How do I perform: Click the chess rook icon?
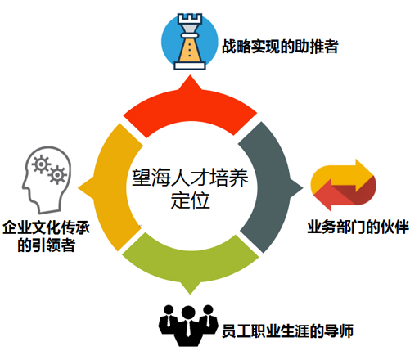pyautogui.click(x=190, y=42)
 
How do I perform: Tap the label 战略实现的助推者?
pyautogui.click(x=280, y=47)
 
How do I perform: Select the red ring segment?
pyautogui.click(x=190, y=109)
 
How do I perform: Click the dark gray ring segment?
pyautogui.click(x=270, y=187)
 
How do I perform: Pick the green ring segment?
pyautogui.click(x=190, y=268)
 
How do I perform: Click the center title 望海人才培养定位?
pyautogui.click(x=190, y=189)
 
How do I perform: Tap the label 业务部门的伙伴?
pyautogui.click(x=358, y=227)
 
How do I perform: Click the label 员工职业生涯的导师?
pyautogui.click(x=287, y=331)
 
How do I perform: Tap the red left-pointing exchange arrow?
pyautogui.click(x=345, y=194)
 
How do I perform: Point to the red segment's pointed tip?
pyautogui.click(x=190, y=75)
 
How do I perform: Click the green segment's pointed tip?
pyautogui.click(x=190, y=295)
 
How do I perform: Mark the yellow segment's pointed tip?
pyautogui.click(x=79, y=187)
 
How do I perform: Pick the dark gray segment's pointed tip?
pyautogui.click(x=303, y=187)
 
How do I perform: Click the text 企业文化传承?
pyautogui.click(x=47, y=227)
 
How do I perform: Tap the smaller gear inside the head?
pyautogui.click(x=57, y=175)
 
